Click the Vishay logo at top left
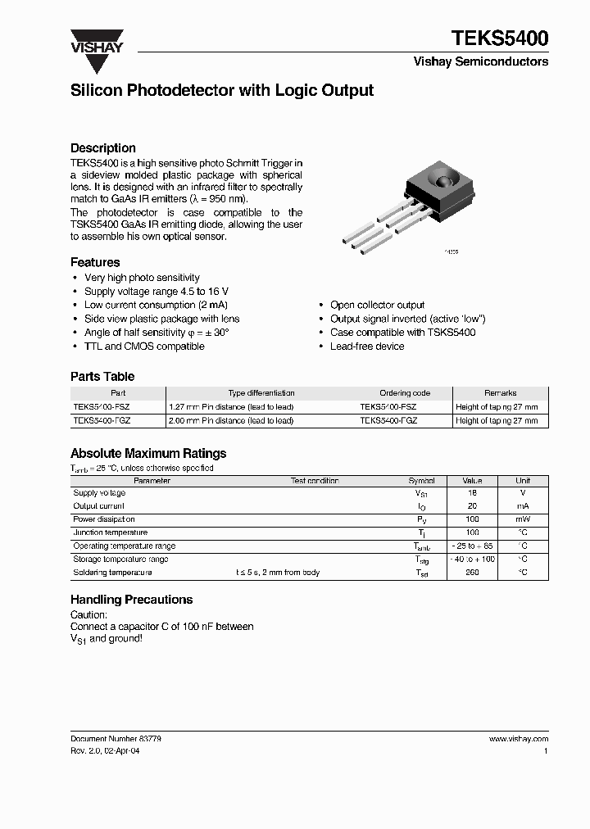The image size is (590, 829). [96, 42]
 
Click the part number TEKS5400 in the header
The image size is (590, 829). [500, 39]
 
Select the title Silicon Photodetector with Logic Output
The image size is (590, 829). [222, 91]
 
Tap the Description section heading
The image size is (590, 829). [103, 148]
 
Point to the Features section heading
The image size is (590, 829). [95, 262]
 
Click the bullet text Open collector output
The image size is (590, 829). [377, 305]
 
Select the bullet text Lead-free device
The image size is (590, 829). [367, 347]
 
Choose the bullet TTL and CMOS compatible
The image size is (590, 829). [144, 347]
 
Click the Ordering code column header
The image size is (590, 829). [405, 393]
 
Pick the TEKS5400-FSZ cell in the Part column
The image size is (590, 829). [102, 407]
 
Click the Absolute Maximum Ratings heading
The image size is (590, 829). [148, 453]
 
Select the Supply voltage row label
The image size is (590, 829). [99, 493]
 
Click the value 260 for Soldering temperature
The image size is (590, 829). [472, 573]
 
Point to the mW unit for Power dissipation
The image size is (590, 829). [523, 519]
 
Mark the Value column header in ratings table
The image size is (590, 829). [472, 481]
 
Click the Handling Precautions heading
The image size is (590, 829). [131, 600]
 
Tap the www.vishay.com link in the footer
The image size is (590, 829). [518, 739]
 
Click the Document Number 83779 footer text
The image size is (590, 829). [116, 739]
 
